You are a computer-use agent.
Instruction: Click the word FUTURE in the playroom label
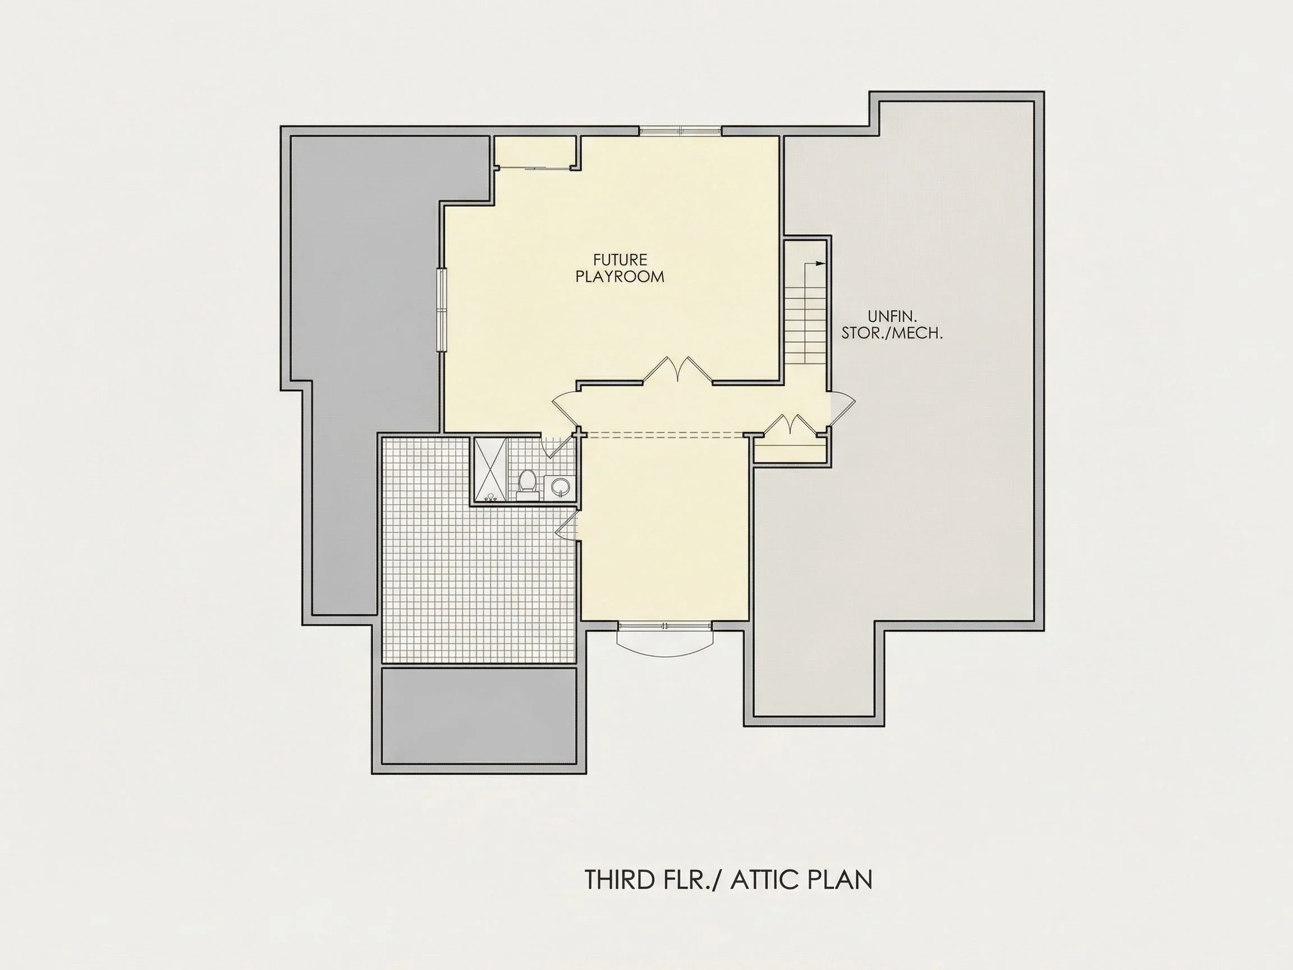620,259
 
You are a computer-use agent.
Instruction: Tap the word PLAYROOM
620,277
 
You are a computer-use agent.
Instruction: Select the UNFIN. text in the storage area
892,317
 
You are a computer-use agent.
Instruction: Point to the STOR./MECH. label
892,333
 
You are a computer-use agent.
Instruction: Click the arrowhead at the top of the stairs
820,264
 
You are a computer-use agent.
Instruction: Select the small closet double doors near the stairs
790,425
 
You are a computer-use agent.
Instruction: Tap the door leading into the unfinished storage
841,408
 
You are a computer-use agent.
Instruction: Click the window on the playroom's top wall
680,131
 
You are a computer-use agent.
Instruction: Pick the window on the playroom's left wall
442,310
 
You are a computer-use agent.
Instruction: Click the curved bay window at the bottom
665,640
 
